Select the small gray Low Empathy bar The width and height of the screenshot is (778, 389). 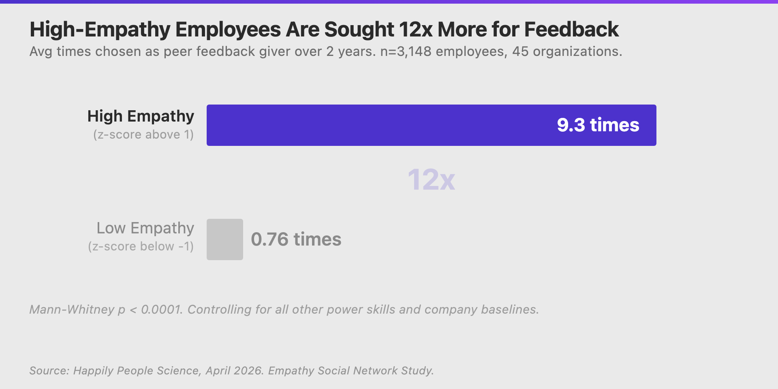pyautogui.click(x=225, y=239)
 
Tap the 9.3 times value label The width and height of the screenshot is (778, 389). pyautogui.click(x=598, y=125)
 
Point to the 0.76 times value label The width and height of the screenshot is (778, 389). pyautogui.click(x=296, y=239)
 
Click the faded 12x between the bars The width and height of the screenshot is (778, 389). pyautogui.click(x=431, y=180)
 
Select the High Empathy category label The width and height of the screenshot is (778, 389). pyautogui.click(x=141, y=116)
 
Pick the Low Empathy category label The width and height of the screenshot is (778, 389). pyautogui.click(x=145, y=228)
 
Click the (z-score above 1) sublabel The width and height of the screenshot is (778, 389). pyautogui.click(x=143, y=135)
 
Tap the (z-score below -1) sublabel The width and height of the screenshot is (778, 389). pyautogui.click(x=141, y=246)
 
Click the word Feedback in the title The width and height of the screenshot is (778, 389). pyautogui.click(x=571, y=30)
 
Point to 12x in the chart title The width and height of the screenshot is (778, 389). pyautogui.click(x=415, y=30)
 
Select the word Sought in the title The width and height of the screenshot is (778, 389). pyautogui.click(x=359, y=30)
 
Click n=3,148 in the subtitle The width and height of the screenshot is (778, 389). pyautogui.click(x=406, y=52)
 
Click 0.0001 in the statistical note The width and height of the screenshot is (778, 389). pyautogui.click(x=160, y=310)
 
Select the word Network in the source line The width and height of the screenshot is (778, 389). pyautogui.click(x=375, y=371)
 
